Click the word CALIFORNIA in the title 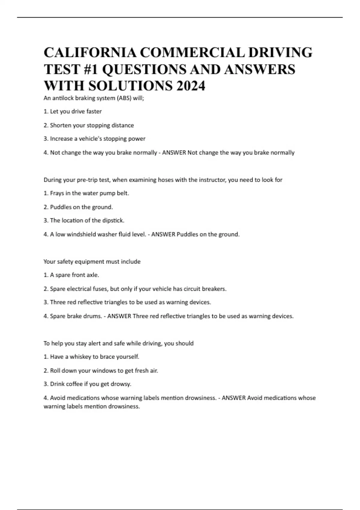[x=90, y=52]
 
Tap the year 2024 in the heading [x=191, y=86]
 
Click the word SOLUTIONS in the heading [x=130, y=86]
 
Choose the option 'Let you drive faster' [x=76, y=111]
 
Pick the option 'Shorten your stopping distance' [x=91, y=125]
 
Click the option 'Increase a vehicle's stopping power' [x=97, y=139]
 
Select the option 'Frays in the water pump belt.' [x=89, y=193]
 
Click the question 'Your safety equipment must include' [x=92, y=262]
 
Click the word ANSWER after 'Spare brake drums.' [x=119, y=316]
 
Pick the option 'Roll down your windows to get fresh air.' [x=104, y=370]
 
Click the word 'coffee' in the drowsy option [x=74, y=384]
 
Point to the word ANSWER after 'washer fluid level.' [x=163, y=234]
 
